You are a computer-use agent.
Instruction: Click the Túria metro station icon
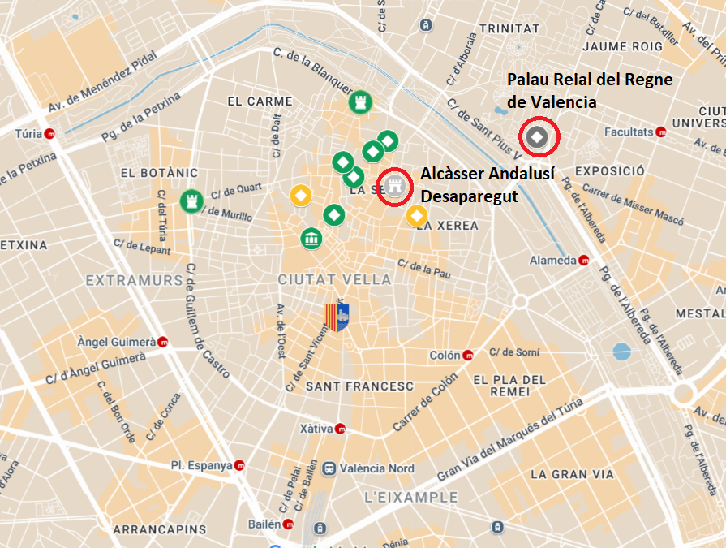pyautogui.click(x=50, y=134)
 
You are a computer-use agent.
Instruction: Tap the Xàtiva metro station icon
pyautogui.click(x=340, y=429)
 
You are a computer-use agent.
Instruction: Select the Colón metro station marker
pyautogui.click(x=468, y=356)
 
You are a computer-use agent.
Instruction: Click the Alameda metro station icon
pyautogui.click(x=583, y=261)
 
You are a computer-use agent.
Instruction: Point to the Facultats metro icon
pyautogui.click(x=661, y=131)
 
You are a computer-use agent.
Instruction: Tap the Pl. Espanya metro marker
pyautogui.click(x=239, y=466)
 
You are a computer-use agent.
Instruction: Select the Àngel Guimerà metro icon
pyautogui.click(x=163, y=342)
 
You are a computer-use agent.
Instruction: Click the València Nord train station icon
pyautogui.click(x=329, y=468)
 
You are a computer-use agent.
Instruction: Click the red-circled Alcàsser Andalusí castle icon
pyautogui.click(x=395, y=186)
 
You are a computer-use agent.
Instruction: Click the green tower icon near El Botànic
pyautogui.click(x=191, y=199)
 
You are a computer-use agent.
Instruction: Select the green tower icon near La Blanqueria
pyautogui.click(x=359, y=102)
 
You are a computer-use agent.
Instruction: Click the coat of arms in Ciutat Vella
pyautogui.click(x=337, y=316)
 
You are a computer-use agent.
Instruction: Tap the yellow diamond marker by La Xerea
pyautogui.click(x=416, y=215)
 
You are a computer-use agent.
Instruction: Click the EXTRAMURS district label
pyautogui.click(x=134, y=280)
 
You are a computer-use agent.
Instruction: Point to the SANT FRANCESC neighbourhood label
pyautogui.click(x=359, y=386)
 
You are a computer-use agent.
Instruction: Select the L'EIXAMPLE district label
pyautogui.click(x=410, y=497)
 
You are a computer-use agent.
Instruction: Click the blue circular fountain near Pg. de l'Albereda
pyautogui.click(x=621, y=352)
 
